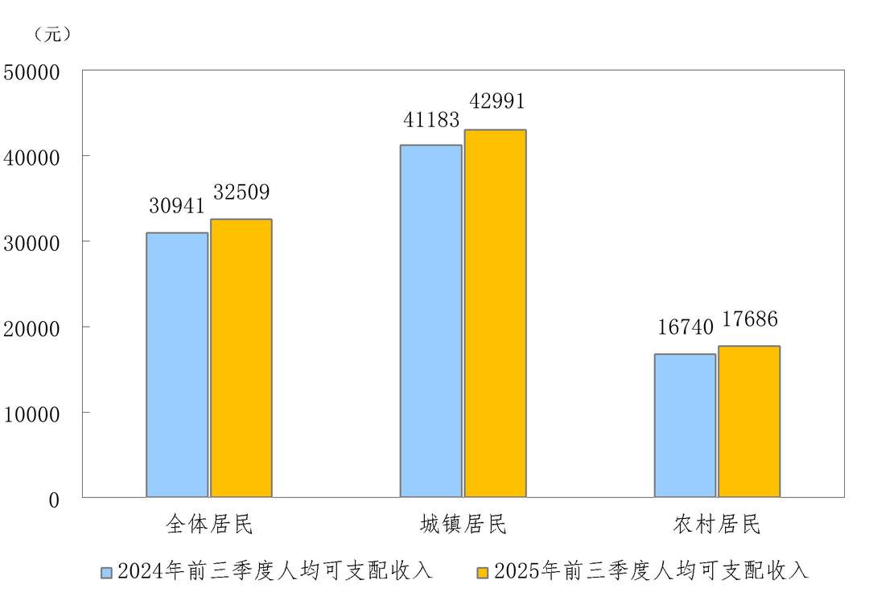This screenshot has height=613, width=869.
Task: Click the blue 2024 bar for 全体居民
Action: (177, 364)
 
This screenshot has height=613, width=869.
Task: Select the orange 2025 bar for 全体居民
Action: (241, 358)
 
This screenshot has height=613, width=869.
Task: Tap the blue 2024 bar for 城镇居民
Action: (431, 321)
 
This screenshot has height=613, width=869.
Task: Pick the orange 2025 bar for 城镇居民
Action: (496, 313)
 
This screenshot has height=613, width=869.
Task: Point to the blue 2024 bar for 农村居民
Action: (685, 426)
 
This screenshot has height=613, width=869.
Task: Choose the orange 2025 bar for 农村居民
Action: (749, 422)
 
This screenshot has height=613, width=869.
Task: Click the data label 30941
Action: (177, 206)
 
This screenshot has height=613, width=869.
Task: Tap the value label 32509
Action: (241, 193)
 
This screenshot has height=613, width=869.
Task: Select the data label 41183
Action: (431, 120)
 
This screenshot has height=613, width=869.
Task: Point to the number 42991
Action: (496, 101)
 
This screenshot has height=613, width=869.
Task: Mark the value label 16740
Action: (685, 327)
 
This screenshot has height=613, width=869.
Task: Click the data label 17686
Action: (749, 319)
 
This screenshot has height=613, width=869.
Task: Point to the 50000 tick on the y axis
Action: (32, 72)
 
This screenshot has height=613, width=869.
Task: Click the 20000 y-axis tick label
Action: (32, 328)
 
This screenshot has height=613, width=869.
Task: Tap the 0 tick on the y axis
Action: (54, 500)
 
